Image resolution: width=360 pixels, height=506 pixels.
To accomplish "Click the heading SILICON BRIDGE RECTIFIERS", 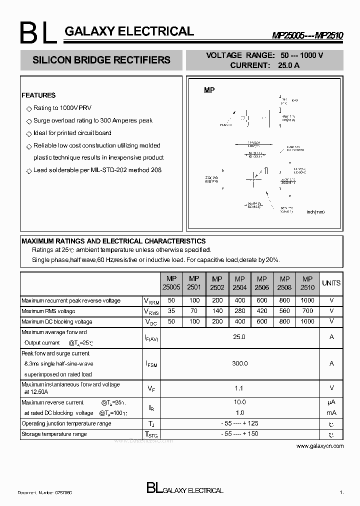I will [101, 60].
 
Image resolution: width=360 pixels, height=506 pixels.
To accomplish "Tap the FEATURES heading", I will [38, 95].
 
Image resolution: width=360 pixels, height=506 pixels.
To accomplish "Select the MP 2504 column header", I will [239, 283].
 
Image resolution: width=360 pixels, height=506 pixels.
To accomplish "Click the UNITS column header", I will [331, 283].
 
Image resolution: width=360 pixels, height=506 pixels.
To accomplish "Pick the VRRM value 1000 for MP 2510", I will [307, 300].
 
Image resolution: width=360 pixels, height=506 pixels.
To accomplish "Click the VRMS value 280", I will [239, 311].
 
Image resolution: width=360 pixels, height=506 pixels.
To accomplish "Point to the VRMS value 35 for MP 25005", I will [172, 311].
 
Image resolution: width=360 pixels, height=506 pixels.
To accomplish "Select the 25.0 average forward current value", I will [239, 337].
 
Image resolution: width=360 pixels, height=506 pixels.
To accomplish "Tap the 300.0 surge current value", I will [239, 363].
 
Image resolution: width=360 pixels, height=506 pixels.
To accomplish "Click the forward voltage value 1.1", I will [239, 387].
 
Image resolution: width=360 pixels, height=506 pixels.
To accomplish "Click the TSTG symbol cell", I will [150, 434].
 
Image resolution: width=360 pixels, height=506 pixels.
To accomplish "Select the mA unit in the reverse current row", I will [331, 412].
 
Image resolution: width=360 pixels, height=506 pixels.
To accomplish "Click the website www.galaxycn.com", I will [320, 445].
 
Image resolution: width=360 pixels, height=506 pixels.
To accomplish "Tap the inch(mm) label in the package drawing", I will [315, 212].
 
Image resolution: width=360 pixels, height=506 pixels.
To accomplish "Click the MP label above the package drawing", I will [209, 90].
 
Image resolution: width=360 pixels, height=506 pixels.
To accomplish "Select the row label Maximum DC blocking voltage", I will [56, 321].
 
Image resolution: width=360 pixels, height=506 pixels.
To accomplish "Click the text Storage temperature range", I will [54, 434].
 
